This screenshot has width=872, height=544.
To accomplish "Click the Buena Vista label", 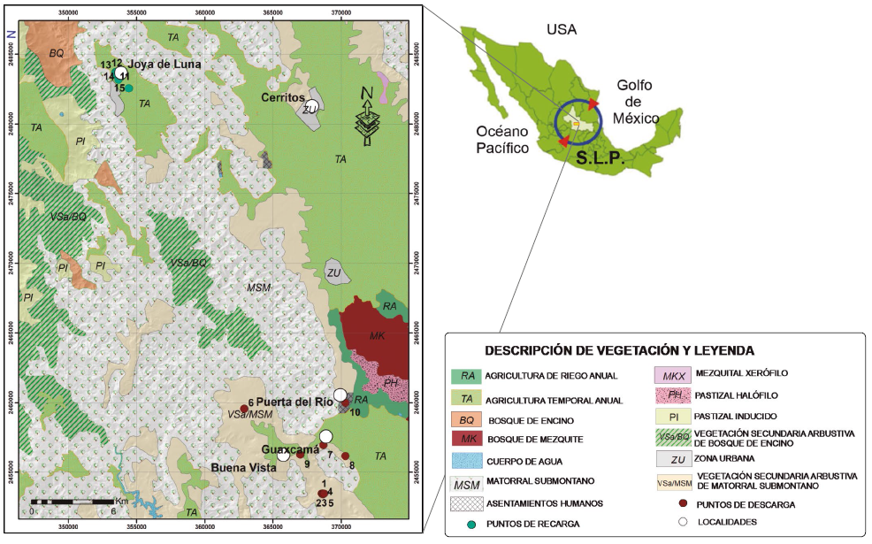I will [240, 466].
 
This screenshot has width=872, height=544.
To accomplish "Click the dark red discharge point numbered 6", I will [244, 409].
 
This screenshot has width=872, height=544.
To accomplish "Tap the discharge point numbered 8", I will [346, 456].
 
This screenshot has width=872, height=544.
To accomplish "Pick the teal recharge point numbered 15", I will [129, 88].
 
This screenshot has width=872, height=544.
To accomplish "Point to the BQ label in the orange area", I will [56, 53].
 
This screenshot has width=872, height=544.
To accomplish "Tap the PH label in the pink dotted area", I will [389, 382].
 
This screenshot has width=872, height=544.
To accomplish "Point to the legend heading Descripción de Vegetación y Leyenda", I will [619, 349].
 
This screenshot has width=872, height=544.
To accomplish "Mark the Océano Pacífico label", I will [501, 140].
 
